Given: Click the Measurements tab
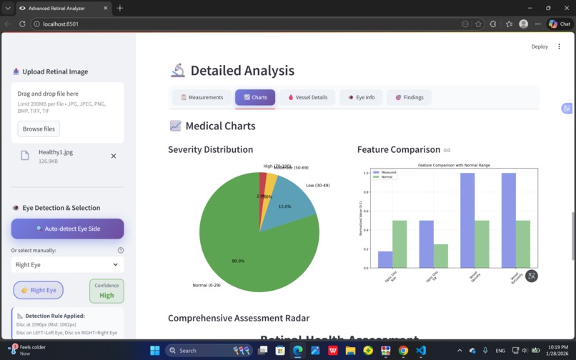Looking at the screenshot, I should click(202, 97).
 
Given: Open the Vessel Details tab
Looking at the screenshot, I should click(308, 97).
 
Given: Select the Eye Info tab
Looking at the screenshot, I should click(361, 97).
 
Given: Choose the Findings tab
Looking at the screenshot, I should click(409, 97).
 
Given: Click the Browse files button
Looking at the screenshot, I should click(39, 129).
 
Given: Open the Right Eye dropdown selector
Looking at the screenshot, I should click(67, 264).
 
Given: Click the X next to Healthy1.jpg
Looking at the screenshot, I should click(113, 156).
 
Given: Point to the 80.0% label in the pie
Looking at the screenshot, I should click(238, 261).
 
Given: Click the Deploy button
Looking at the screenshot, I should click(540, 46).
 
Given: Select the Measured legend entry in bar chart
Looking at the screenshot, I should click(387, 172).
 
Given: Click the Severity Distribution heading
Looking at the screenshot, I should click(210, 149).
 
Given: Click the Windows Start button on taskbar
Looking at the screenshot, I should click(155, 351).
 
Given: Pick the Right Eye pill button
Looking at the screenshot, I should click(39, 290).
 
